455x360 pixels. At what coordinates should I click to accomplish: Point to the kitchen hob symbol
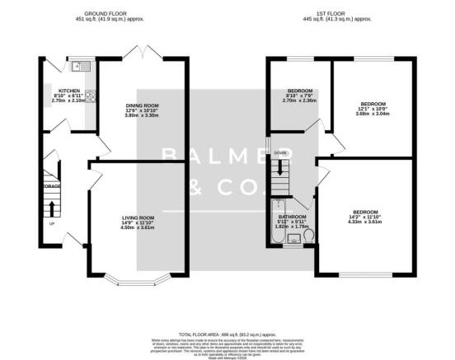[89, 96]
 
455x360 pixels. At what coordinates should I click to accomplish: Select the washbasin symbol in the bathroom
[293, 239]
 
